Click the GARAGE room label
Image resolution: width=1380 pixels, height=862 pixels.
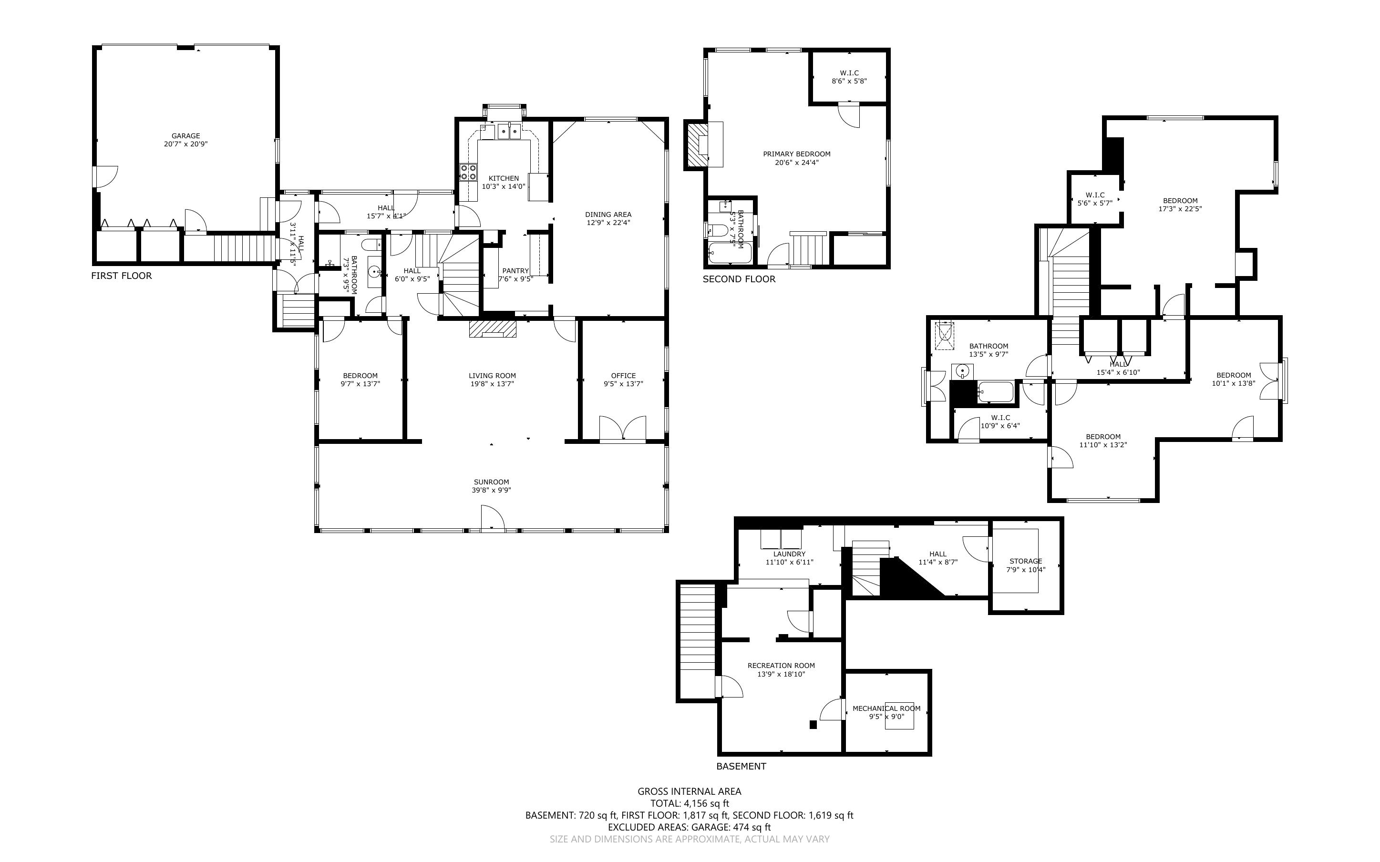coord(186,136)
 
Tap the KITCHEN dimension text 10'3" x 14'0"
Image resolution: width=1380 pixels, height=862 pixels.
coord(504,186)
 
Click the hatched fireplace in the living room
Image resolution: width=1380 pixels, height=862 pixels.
coord(493,329)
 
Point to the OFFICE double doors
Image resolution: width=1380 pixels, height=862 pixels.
coord(622,429)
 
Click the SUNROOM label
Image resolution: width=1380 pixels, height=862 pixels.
coord(491,482)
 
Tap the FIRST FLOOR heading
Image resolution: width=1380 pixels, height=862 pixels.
coord(122,276)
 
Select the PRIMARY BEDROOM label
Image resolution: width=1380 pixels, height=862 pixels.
coord(796,154)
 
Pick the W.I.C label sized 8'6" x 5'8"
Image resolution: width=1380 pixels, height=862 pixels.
coord(849,73)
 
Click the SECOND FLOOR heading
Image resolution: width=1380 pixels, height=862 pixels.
coord(739,279)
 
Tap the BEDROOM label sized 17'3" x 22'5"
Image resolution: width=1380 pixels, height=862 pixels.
coord(1180,201)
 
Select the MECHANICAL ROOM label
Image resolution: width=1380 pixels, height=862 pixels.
coord(886,708)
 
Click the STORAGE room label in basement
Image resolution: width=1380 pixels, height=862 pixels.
coord(1025,561)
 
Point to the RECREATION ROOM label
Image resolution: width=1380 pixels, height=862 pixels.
coord(781,665)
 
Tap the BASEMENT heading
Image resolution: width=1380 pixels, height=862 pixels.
coord(741,766)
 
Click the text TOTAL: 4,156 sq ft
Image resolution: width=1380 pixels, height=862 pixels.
coord(689,803)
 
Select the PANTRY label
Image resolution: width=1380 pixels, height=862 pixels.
coord(515,271)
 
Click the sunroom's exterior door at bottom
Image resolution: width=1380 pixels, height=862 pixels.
coord(493,519)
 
